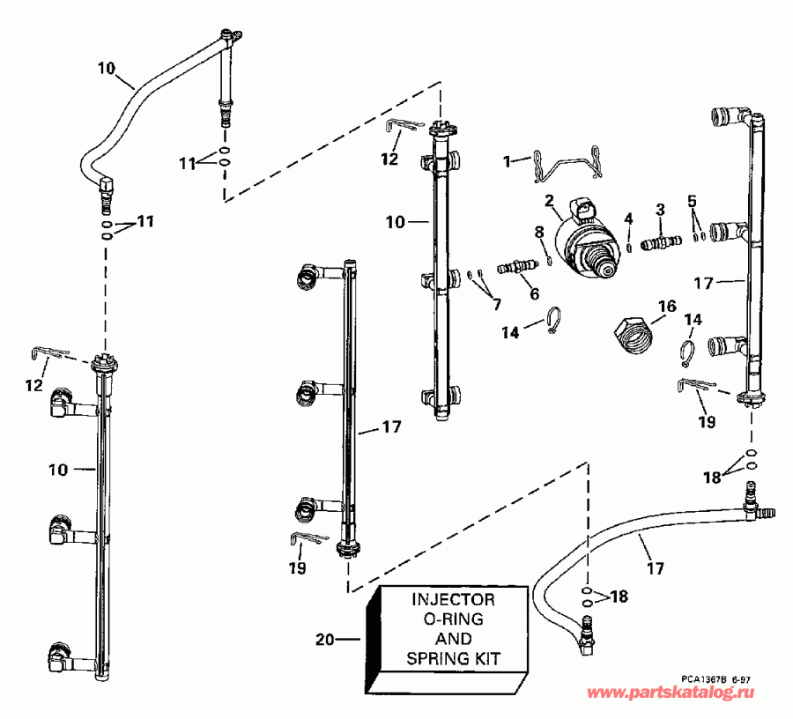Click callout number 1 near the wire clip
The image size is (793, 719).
point(507,160)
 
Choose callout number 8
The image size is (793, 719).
point(539,232)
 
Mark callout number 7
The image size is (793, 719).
point(496,305)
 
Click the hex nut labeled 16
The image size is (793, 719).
point(632,335)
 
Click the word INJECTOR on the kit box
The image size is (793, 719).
point(454,599)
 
